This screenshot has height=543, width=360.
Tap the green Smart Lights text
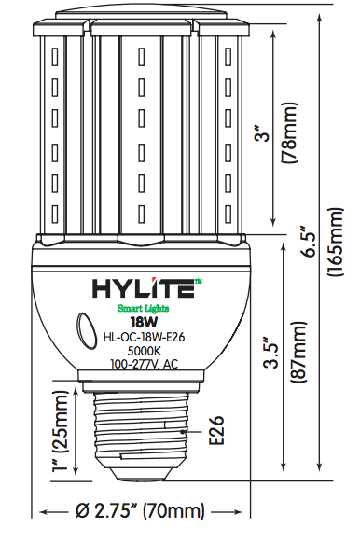tap(143, 307)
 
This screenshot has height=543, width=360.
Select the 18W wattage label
tap(143, 323)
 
